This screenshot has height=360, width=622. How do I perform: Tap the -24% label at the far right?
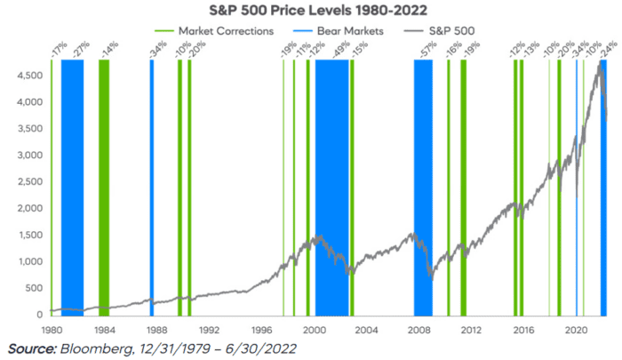[x=608, y=48]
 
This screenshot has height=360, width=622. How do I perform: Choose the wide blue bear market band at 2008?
[x=423, y=178]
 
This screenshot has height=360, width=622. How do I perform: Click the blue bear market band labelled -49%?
[x=331, y=178]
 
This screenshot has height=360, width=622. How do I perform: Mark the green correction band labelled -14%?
[x=104, y=178]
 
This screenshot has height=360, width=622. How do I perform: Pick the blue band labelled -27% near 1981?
[x=72, y=178]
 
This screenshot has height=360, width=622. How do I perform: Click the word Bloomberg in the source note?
[x=97, y=348]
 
